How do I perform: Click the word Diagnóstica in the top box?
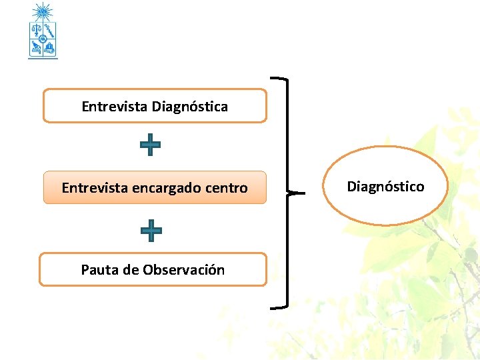189,107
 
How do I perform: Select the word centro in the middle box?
227,189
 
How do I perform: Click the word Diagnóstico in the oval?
385,187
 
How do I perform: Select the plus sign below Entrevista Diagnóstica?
150,145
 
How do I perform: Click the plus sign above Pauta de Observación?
151,231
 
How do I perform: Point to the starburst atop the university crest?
43,11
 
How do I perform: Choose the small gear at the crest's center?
43,39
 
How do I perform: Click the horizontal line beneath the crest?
43,59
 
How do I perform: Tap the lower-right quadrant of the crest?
50,47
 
